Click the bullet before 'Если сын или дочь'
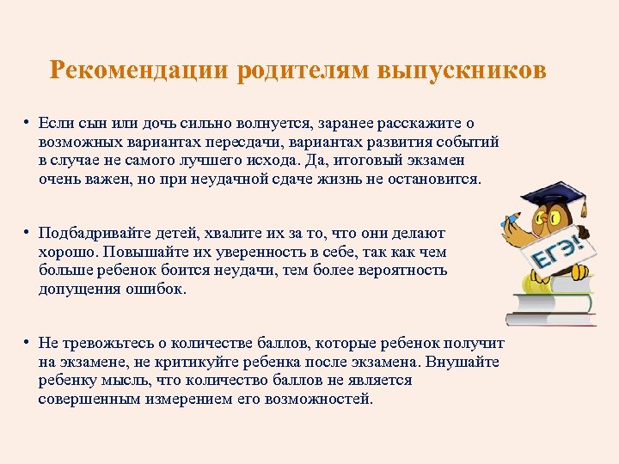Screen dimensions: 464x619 click(28, 123)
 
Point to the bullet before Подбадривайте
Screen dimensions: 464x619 click(28, 233)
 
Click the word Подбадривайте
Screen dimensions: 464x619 click(91, 234)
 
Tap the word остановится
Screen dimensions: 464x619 click(438, 180)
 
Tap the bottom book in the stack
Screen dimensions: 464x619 click(551, 319)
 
